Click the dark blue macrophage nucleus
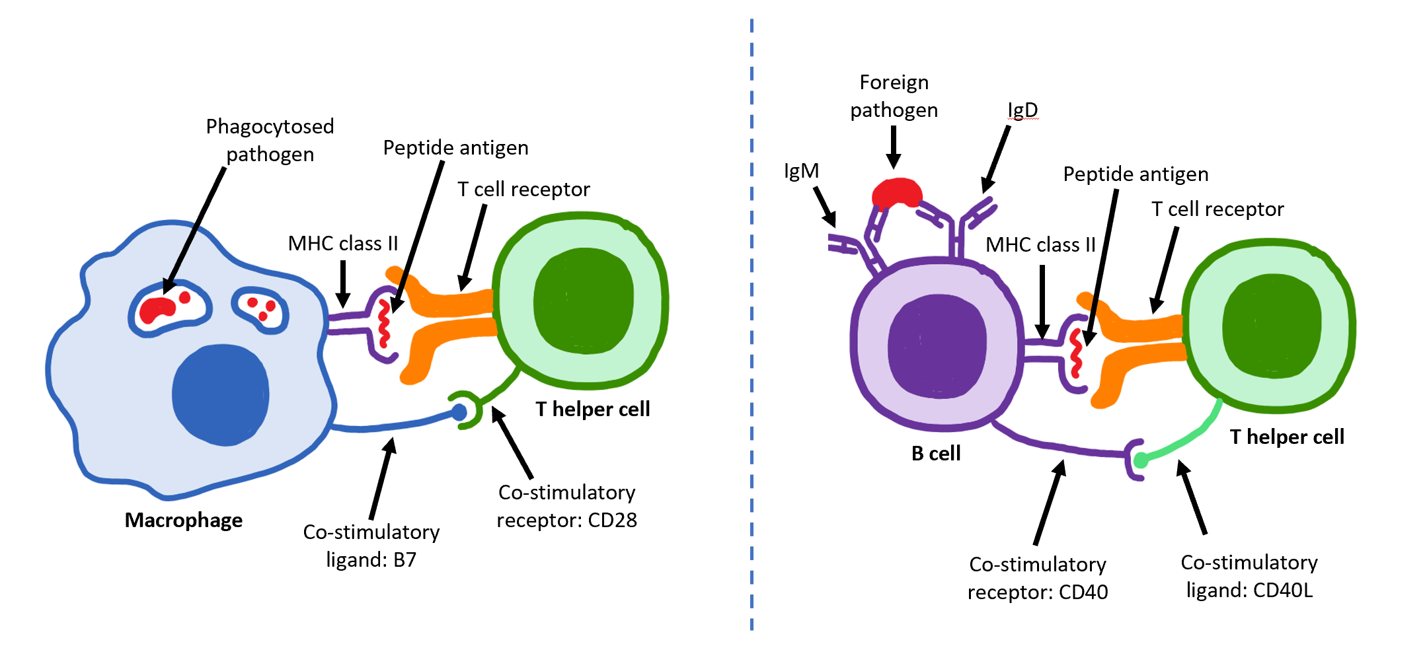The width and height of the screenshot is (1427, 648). point(220,394)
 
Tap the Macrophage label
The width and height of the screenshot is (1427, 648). point(183,521)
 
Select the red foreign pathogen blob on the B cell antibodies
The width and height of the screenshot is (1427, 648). point(896,193)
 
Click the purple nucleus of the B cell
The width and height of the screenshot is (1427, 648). point(937,346)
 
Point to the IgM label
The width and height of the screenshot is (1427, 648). point(800,171)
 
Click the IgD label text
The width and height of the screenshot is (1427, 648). point(1022,110)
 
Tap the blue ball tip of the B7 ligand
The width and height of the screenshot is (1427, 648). point(459,413)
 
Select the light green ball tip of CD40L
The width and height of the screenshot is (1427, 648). point(1141,460)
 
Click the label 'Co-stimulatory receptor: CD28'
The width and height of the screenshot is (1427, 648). point(566,506)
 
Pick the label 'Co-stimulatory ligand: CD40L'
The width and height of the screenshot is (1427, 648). point(1249,575)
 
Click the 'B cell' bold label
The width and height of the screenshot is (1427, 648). point(935,454)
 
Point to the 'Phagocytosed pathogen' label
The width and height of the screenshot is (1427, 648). point(270,140)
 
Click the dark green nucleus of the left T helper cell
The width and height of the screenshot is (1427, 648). point(583,301)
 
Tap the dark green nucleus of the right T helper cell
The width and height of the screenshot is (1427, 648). point(1272,326)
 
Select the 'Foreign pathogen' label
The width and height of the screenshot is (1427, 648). point(894,96)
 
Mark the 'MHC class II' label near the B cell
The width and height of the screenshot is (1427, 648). point(1040,245)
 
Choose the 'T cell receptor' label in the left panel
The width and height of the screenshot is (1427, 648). point(523,190)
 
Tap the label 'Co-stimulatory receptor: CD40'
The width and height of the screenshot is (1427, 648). point(1037,578)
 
